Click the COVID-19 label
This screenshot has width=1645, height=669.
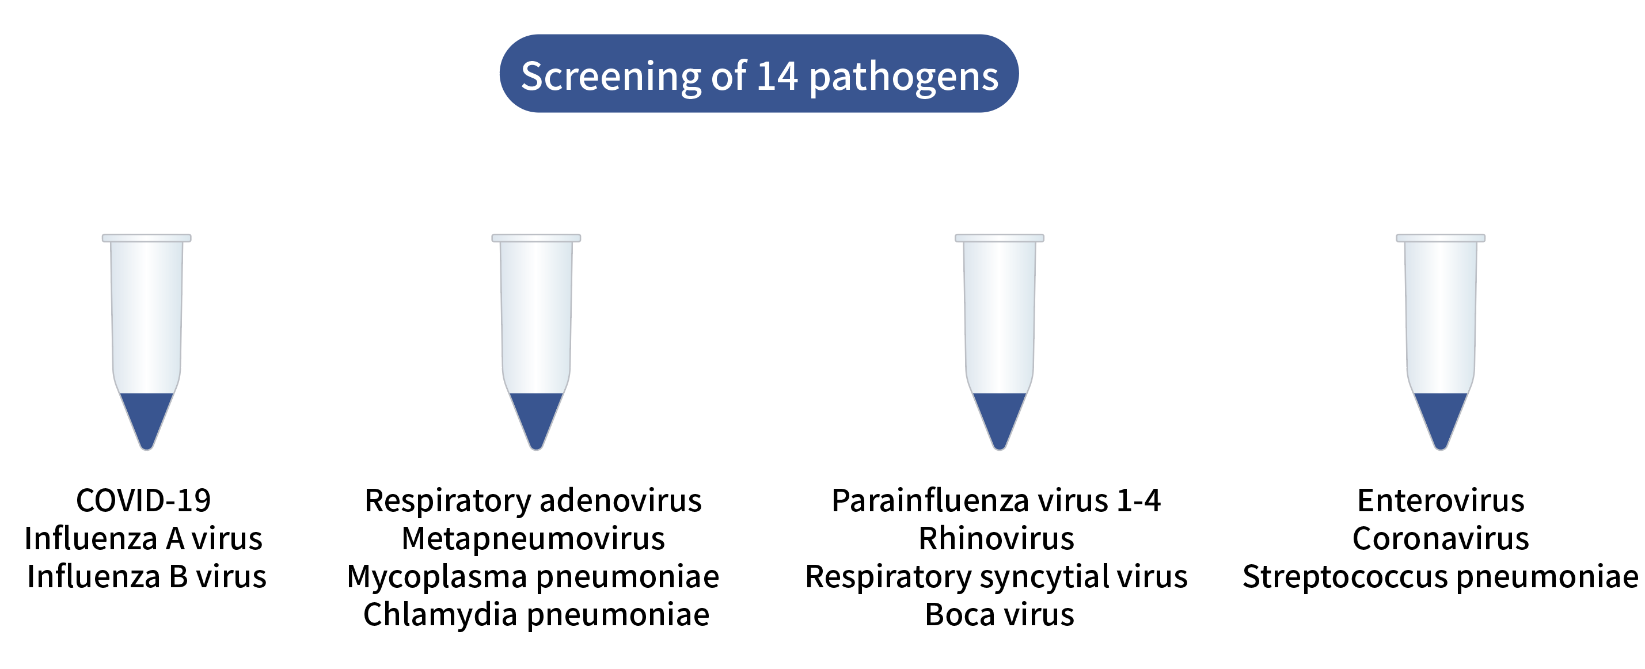pyautogui.click(x=143, y=500)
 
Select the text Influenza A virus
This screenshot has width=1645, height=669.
pyautogui.click(x=143, y=539)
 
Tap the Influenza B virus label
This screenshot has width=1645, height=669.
pyautogui.click(x=146, y=577)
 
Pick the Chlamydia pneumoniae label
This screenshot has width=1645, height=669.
pyautogui.click(x=536, y=615)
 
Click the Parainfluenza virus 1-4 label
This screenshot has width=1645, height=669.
pyautogui.click(x=996, y=500)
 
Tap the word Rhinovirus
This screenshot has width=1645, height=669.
pyautogui.click(x=996, y=539)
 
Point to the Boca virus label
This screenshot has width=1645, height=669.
pyautogui.click(x=1000, y=615)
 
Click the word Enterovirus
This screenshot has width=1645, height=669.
pyautogui.click(x=1441, y=500)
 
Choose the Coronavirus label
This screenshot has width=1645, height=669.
pyautogui.click(x=1441, y=539)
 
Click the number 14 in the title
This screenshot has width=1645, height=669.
pyautogui.click(x=777, y=76)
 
